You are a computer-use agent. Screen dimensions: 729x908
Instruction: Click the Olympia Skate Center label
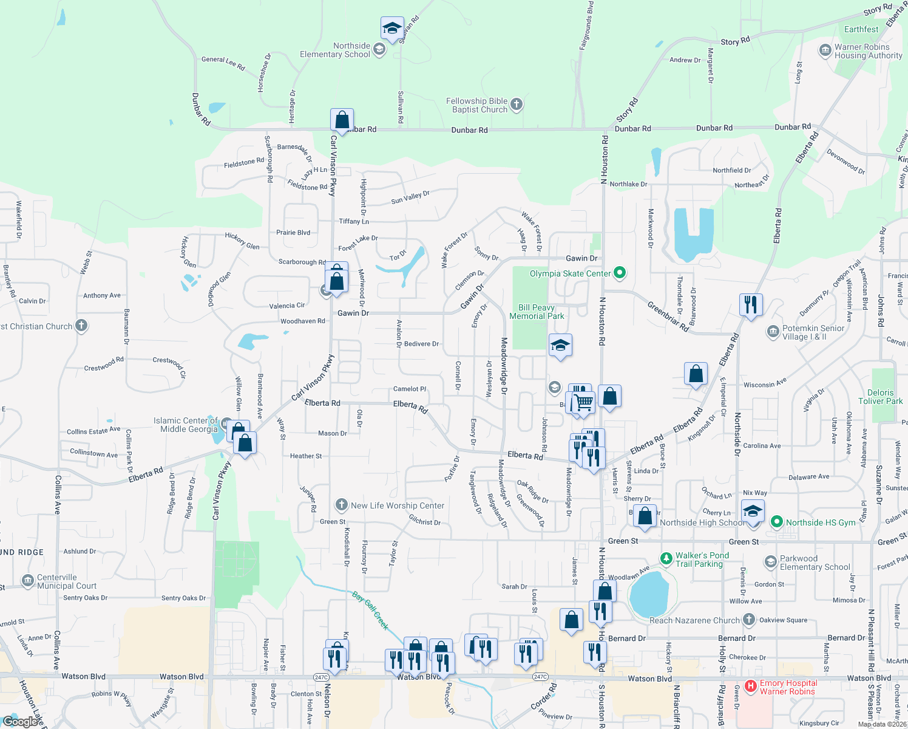[x=570, y=273]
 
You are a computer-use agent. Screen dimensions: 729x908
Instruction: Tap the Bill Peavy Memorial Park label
[x=537, y=312]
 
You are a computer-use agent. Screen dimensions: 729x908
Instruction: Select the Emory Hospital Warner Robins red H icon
[x=751, y=686]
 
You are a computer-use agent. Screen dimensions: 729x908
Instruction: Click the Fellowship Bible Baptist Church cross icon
[x=516, y=104]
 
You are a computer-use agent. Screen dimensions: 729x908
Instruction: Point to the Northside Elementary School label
[x=335, y=50]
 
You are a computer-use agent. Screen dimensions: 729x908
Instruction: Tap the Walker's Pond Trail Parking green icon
[x=666, y=558]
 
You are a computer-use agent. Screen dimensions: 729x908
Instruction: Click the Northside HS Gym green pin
[x=776, y=522]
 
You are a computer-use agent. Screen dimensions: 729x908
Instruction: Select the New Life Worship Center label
[x=398, y=505]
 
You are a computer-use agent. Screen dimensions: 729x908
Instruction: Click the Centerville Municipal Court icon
[x=28, y=581]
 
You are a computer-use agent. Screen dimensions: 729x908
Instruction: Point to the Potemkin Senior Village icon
[x=773, y=332]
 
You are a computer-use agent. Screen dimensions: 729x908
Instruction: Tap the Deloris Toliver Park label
[x=880, y=397]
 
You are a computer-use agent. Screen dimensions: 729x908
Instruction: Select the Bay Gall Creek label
[x=370, y=611]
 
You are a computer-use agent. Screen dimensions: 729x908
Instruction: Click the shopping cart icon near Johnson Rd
[x=583, y=402]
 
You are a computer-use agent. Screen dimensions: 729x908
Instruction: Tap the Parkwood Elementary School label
[x=815, y=563]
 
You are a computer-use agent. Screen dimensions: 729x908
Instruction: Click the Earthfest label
[x=861, y=29]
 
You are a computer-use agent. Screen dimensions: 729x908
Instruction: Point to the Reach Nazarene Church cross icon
[x=749, y=620]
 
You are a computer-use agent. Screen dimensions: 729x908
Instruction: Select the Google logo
[x=22, y=722]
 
